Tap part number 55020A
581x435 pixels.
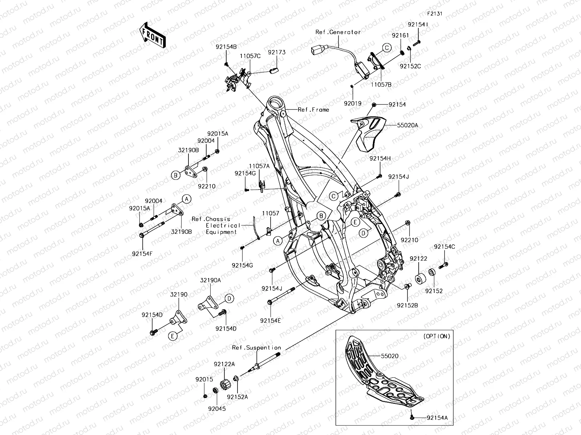coord(407,125)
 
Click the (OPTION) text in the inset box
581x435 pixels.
coord(437,336)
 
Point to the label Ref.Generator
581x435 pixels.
coord(338,32)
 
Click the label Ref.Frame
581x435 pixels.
coord(313,109)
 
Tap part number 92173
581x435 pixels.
coord(277,53)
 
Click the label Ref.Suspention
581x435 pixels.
coord(256,348)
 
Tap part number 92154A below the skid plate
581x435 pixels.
coord(437,418)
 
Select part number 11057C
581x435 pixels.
coord(250,56)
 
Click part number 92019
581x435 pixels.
coord(353,103)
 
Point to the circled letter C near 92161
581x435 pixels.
coord(387,47)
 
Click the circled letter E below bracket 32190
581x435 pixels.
coord(173,336)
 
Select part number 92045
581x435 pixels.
coord(217,409)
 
